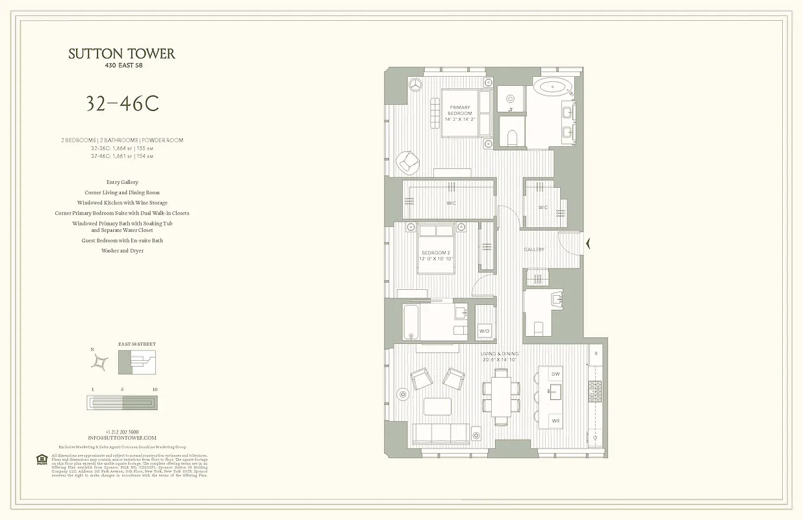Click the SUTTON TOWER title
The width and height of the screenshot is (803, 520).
(121, 54)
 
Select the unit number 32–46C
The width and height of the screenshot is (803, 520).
(122, 104)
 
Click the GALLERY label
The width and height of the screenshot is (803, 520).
(534, 250)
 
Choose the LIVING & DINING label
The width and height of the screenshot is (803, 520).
(500, 356)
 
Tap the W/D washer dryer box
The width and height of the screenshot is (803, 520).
(484, 331)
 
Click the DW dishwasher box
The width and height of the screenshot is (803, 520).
(555, 375)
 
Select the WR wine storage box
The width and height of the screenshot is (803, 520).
(555, 421)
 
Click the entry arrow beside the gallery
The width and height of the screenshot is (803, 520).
(588, 244)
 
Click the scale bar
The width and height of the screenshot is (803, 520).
(122, 402)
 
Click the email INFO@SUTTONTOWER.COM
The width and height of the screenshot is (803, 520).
(122, 438)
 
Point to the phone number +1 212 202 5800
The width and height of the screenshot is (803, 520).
(122, 432)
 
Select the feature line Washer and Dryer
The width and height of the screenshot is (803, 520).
(122, 251)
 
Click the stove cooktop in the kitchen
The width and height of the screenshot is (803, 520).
(595, 391)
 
